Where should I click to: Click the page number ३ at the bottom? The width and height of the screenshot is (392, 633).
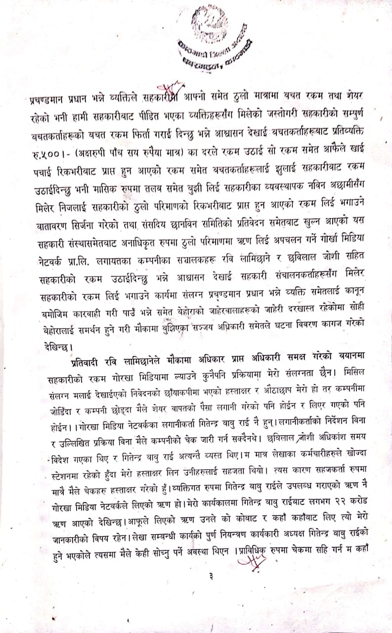(211, 575)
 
